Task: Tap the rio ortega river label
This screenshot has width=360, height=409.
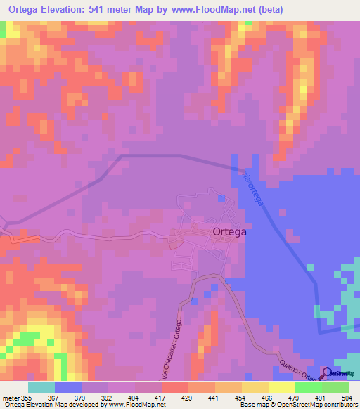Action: pyautogui.click(x=252, y=188)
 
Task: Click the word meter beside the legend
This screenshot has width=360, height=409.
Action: pyautogui.click(x=10, y=395)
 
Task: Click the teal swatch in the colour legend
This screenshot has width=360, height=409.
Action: pyautogui.click(x=41, y=387)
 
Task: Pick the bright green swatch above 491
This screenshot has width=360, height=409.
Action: pyautogui.click(x=309, y=387)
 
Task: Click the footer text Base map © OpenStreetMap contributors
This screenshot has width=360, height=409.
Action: pyautogui.click(x=297, y=404)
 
